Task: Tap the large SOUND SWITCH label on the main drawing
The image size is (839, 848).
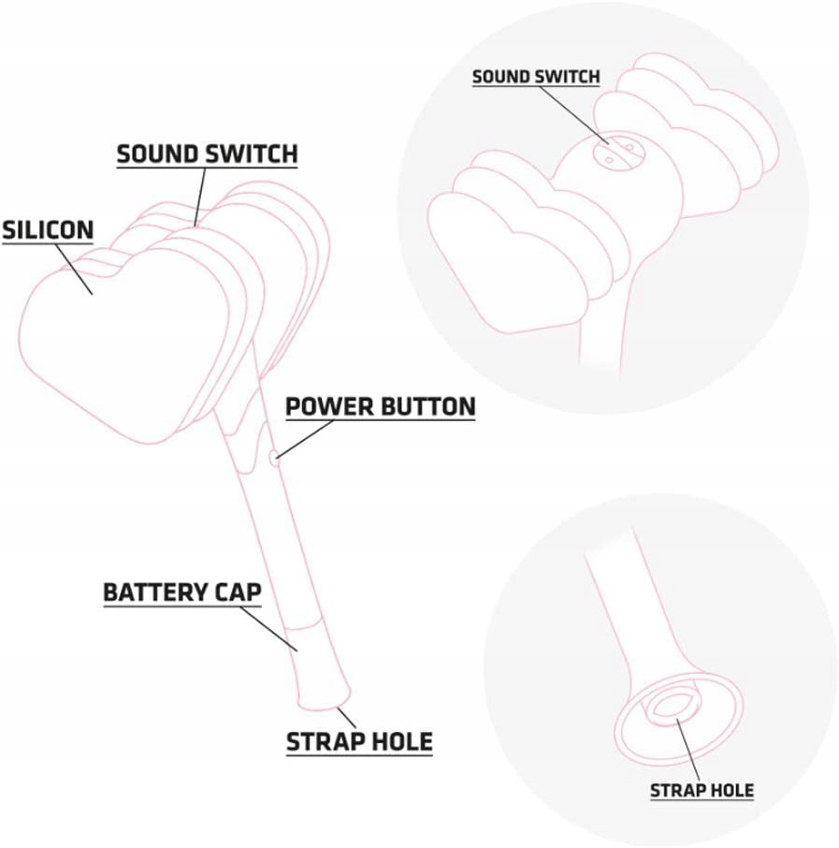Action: click(207, 154)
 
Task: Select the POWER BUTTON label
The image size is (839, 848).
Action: click(380, 406)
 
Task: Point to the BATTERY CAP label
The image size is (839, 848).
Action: click(181, 592)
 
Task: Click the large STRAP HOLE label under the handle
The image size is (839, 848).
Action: click(359, 742)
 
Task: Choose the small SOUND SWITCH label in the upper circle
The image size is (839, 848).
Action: click(535, 76)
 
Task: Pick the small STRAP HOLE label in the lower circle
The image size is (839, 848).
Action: click(702, 791)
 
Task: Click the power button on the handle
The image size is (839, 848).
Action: click(271, 458)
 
